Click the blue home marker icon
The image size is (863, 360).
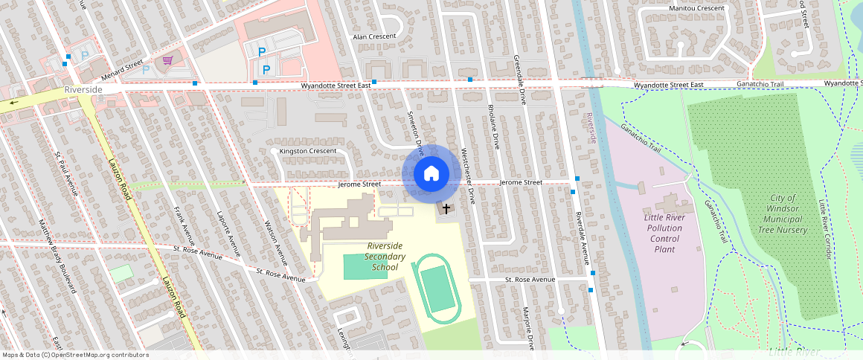click(431, 174)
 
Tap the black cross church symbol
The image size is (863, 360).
click(446, 209)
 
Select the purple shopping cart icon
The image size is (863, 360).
click(168, 60)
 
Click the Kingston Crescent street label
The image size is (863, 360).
click(307, 151)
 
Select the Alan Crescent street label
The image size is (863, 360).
click(375, 36)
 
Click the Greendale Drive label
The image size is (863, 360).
click(520, 79)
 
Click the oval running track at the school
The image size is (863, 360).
click(437, 289)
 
